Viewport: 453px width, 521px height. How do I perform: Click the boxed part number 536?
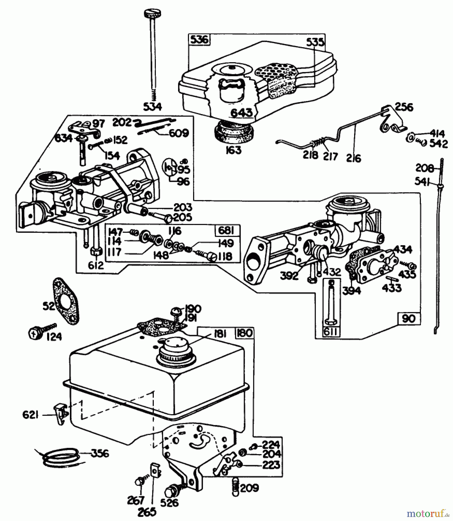200,40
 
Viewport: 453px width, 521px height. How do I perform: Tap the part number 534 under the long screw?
153,107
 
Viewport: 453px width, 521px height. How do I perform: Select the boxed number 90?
408,319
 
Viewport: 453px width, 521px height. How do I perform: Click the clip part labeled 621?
61,414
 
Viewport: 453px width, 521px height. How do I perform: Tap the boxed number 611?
332,332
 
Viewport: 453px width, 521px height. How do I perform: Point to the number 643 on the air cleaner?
242,113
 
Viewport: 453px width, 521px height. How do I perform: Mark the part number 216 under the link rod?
354,159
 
